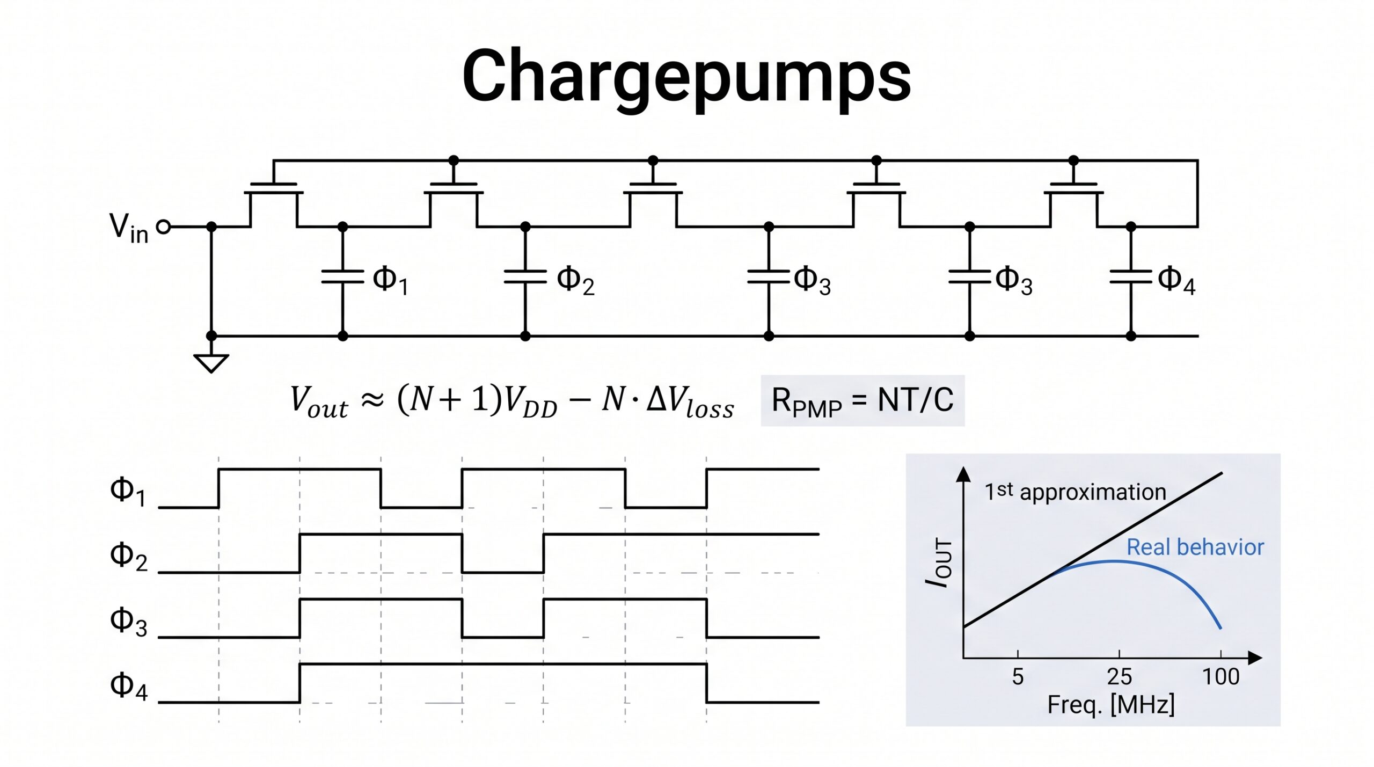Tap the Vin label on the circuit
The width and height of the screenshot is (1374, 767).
pyautogui.click(x=129, y=228)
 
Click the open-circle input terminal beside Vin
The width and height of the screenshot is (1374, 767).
pyautogui.click(x=164, y=227)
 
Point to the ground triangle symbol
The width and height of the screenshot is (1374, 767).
pyautogui.click(x=211, y=363)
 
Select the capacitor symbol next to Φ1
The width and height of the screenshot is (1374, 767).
pyautogui.click(x=342, y=277)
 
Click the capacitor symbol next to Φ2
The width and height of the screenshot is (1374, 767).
pyautogui.click(x=525, y=277)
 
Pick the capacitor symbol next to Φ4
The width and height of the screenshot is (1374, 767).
pyautogui.click(x=1130, y=277)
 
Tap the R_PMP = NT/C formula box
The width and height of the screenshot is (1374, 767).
pyautogui.click(x=863, y=400)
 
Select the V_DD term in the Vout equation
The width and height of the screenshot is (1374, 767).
pyautogui.click(x=531, y=402)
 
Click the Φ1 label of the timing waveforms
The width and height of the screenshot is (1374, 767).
pyautogui.click(x=128, y=491)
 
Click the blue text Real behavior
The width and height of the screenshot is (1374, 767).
pyautogui.click(x=1195, y=547)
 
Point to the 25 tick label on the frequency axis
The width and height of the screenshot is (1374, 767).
pyautogui.click(x=1119, y=677)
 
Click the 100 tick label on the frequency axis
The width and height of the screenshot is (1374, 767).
pyautogui.click(x=1220, y=677)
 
